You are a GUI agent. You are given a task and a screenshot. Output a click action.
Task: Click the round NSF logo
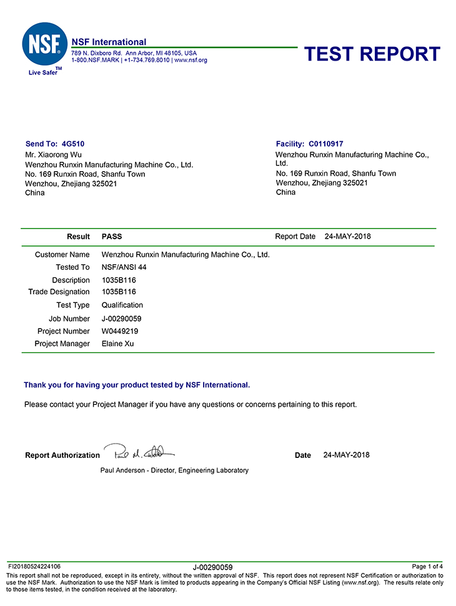click(x=44, y=45)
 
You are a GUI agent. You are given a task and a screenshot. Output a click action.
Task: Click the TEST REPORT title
click(x=372, y=54)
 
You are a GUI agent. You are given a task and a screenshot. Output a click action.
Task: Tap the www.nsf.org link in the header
click(x=191, y=60)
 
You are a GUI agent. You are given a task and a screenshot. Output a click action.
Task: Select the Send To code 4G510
click(x=74, y=144)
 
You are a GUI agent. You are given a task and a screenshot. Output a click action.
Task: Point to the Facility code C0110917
click(x=325, y=144)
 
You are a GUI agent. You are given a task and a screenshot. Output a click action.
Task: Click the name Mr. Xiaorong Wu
click(x=53, y=154)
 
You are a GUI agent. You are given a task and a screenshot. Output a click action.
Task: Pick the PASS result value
click(x=112, y=237)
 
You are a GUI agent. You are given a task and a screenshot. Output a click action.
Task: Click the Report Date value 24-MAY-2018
click(x=348, y=237)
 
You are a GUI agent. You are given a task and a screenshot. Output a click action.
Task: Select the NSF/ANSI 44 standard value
click(x=124, y=267)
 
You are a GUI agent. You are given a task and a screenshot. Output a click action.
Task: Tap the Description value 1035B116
click(x=119, y=281)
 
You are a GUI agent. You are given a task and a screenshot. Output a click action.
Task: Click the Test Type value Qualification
click(x=122, y=305)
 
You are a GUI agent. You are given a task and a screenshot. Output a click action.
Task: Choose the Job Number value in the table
click(x=122, y=319)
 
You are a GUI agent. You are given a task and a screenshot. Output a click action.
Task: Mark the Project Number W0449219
click(x=120, y=331)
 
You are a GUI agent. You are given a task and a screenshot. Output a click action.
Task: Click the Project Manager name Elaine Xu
click(x=117, y=344)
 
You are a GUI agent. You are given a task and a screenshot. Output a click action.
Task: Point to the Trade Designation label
click(x=59, y=292)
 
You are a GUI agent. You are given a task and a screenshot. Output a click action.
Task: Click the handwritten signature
click(x=139, y=452)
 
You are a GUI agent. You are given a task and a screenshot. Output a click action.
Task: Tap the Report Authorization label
click(x=62, y=455)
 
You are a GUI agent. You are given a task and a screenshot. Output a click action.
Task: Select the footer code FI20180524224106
click(x=34, y=567)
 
